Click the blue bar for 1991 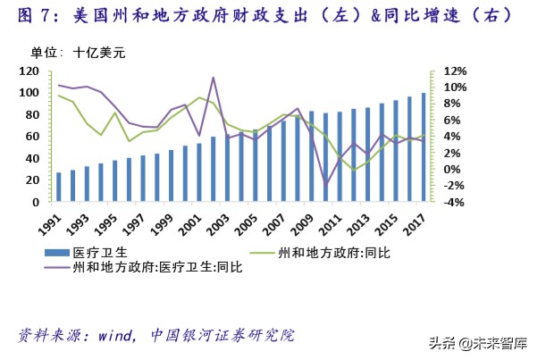point(59,188)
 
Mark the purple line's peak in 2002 point(213,78)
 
